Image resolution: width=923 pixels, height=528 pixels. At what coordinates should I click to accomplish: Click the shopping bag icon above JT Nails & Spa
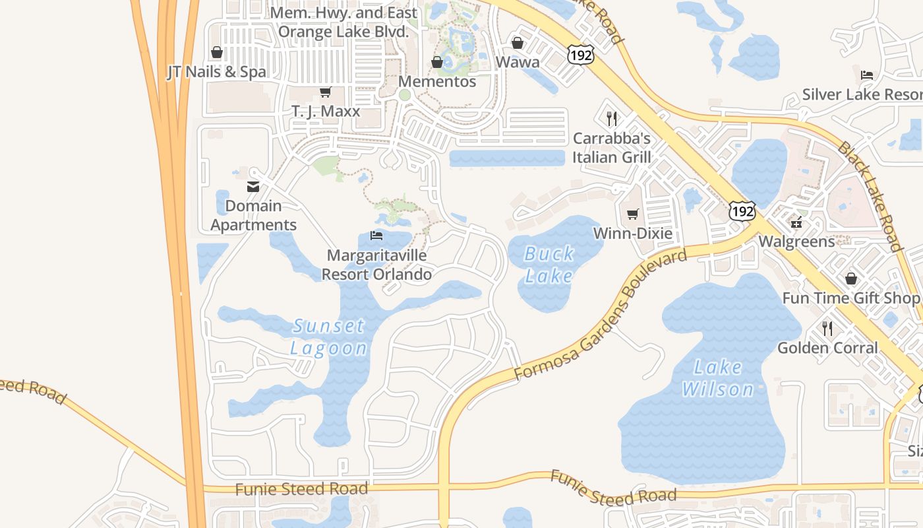(216, 52)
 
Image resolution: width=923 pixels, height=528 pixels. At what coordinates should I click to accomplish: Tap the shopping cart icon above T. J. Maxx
(325, 92)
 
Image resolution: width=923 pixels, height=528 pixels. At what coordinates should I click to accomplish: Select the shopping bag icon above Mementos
(436, 62)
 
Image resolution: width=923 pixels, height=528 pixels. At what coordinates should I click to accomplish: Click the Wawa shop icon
(518, 43)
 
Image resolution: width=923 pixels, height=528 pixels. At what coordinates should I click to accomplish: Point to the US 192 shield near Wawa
(580, 55)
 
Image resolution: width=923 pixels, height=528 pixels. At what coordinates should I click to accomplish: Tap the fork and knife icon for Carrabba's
(612, 119)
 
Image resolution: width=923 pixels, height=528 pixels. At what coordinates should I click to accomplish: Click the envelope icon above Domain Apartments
(253, 187)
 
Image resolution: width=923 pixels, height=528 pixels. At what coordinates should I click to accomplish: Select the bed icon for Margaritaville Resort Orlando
(376, 236)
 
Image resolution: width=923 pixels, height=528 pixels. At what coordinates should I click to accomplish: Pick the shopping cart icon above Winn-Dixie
(633, 214)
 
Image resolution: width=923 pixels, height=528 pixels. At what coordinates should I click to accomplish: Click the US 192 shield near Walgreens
(742, 211)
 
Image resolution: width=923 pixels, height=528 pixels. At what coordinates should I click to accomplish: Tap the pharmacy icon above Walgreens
(796, 222)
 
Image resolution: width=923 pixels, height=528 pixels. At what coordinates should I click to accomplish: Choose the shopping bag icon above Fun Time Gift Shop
(850, 279)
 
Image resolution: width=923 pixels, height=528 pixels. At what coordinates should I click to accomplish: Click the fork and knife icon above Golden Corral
(827, 328)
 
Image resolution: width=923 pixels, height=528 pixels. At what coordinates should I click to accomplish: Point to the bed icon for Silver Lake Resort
(867, 75)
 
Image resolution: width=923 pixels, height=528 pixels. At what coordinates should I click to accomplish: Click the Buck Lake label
(549, 264)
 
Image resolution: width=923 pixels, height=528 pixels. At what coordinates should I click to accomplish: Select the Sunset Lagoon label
(328, 337)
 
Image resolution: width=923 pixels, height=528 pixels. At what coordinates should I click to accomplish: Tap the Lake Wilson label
(717, 378)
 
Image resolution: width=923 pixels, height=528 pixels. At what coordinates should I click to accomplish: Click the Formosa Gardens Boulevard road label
(601, 315)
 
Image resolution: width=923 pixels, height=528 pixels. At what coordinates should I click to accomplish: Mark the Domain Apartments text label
(253, 215)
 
